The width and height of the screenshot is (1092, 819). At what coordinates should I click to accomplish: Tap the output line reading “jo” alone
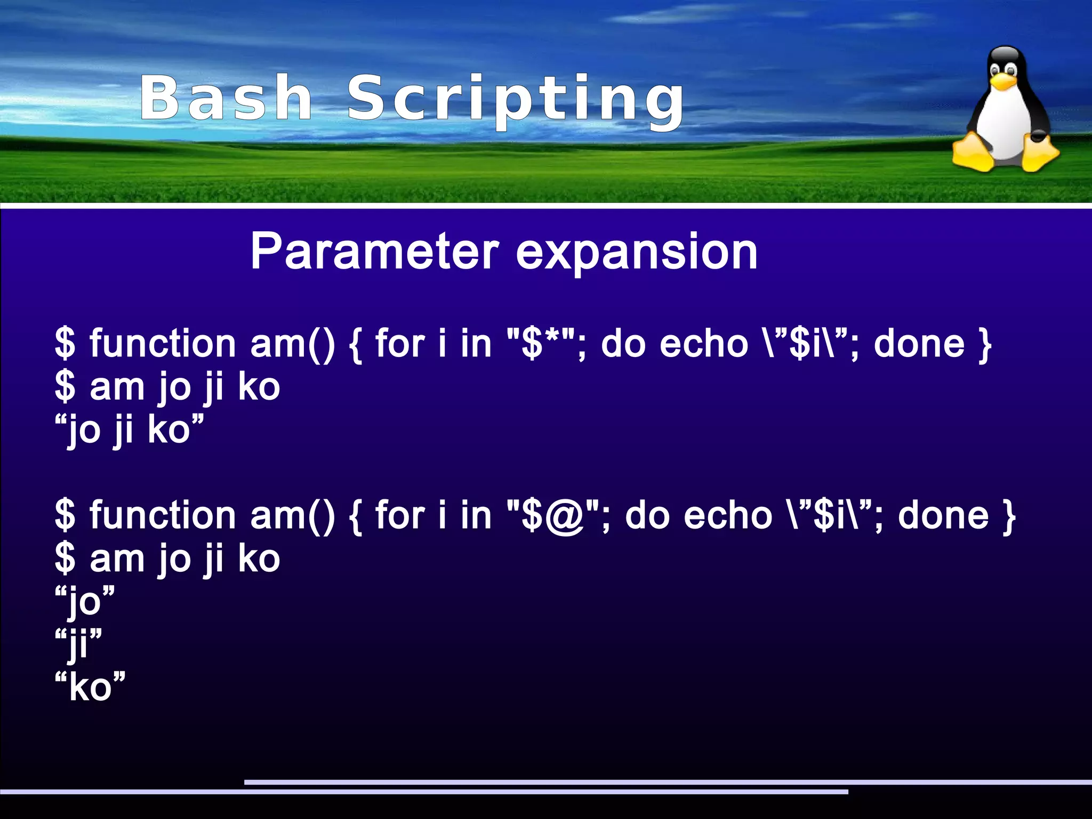click(85, 602)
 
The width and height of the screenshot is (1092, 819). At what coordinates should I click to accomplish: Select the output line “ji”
click(78, 644)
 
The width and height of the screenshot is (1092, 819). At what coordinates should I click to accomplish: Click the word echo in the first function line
click(703, 343)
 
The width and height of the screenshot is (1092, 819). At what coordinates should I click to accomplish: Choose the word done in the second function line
click(943, 515)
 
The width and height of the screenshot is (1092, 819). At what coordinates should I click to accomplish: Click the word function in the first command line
click(163, 343)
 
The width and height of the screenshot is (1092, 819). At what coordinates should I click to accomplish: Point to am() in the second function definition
click(293, 515)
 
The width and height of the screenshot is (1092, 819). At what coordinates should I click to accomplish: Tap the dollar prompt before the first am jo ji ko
click(65, 387)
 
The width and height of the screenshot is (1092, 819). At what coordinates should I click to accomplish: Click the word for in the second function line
click(400, 515)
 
